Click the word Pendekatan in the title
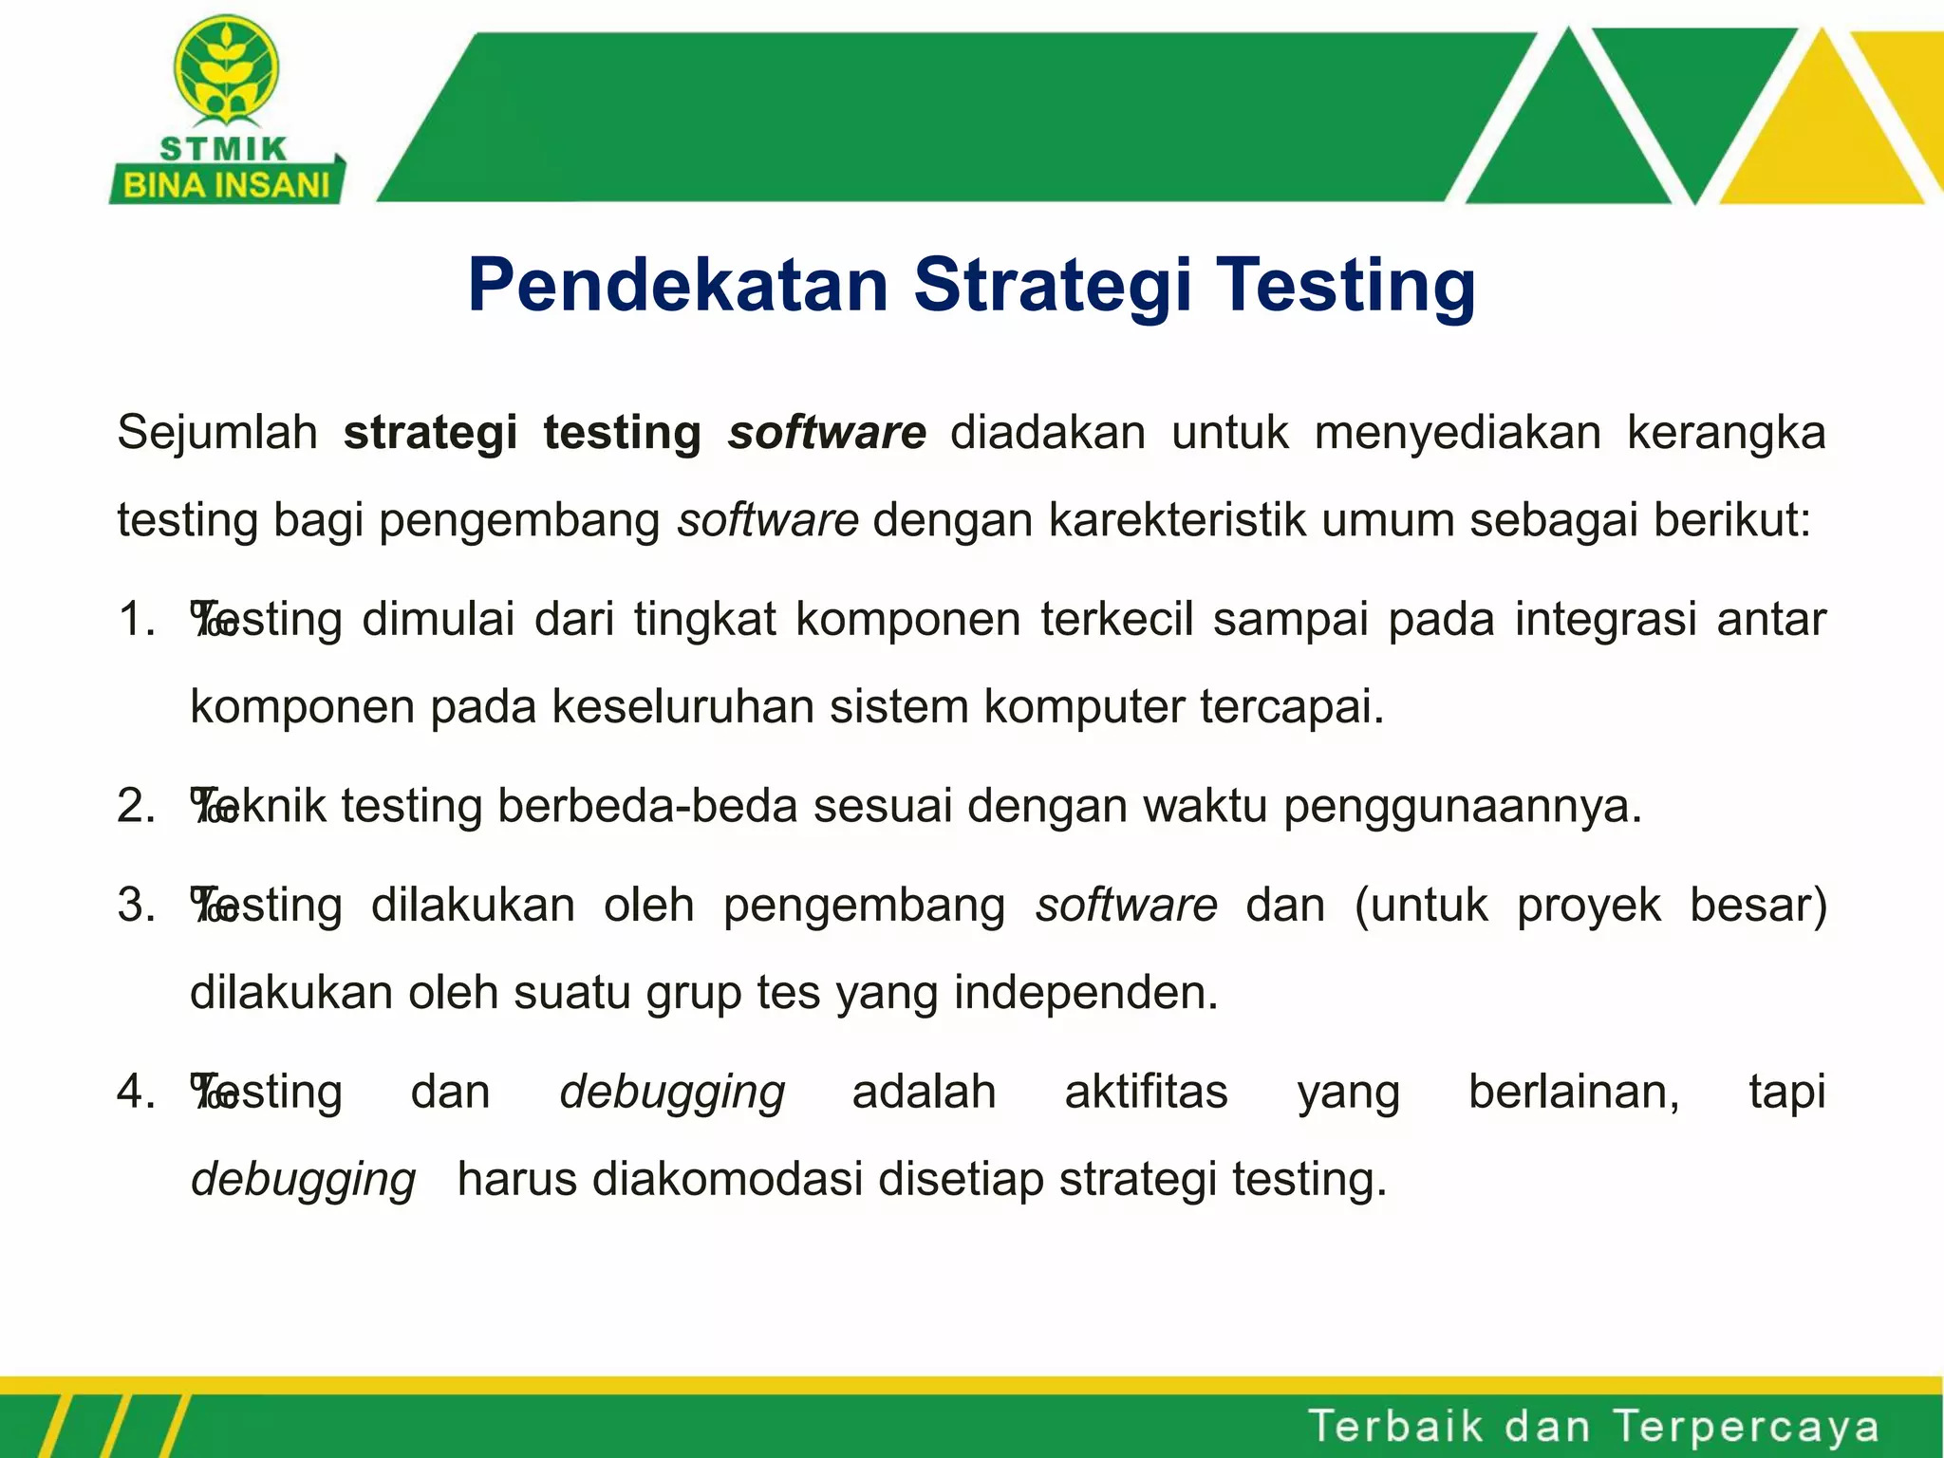tap(678, 285)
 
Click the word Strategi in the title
tap(1052, 285)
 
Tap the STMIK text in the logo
tap(224, 149)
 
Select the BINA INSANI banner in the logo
tap(226, 184)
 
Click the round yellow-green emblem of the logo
tap(226, 71)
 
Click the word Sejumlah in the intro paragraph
tap(217, 433)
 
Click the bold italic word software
tap(827, 433)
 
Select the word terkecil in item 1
tap(1116, 620)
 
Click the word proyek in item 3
tap(1588, 905)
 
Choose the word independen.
tap(1085, 993)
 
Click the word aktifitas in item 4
tap(1146, 1092)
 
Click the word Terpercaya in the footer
tap(1746, 1427)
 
